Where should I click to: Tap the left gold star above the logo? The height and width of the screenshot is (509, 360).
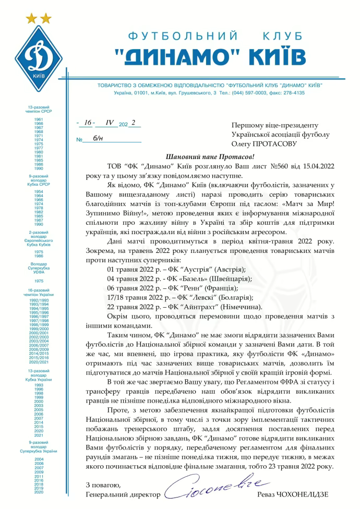(32, 19)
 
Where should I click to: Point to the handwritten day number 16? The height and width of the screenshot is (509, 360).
(88, 123)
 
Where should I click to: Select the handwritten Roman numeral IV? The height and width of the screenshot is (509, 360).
(110, 123)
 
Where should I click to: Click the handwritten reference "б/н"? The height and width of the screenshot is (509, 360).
(98, 139)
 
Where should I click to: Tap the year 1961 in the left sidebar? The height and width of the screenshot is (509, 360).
(39, 119)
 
